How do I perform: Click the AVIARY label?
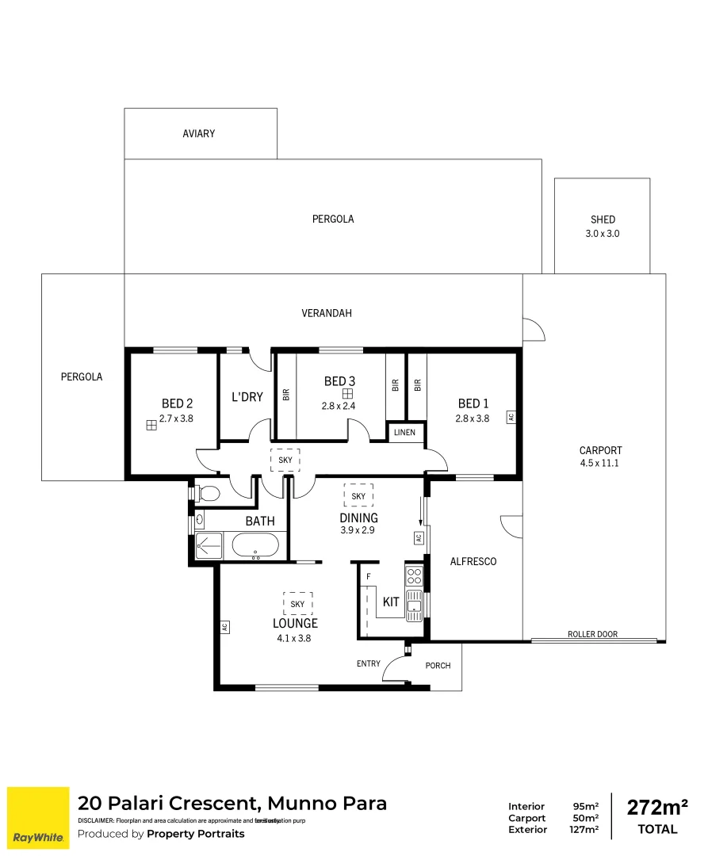pos(198,134)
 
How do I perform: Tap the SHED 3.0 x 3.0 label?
pos(603,227)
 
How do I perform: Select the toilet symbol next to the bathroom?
pos(208,494)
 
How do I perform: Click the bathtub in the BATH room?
pos(254,545)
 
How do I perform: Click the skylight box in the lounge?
pos(297,604)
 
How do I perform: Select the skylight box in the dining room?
pos(358,496)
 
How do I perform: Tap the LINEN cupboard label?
pos(404,433)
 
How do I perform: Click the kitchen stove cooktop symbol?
pos(415,576)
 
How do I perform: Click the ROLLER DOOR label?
pos(592,634)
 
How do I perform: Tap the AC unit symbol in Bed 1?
pos(511,416)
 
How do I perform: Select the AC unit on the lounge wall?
pos(224,626)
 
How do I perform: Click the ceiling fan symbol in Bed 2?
pos(151,426)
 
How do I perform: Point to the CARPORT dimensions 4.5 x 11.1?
pos(600,462)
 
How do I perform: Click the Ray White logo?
pos(37,816)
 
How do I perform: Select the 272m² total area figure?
pos(657,808)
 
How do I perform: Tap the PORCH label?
pos(438,666)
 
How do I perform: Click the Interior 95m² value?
pos(585,807)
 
